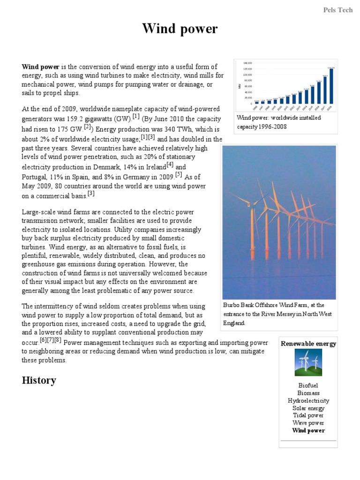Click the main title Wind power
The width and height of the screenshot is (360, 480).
pos(180,29)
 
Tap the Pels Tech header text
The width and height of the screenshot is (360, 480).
pos(338,10)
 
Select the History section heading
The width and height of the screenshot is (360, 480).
pos(39,380)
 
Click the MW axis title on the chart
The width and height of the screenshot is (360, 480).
pos(240,86)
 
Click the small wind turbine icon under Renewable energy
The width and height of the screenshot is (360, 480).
pos(308,363)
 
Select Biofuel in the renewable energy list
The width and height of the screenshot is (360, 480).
pos(308,385)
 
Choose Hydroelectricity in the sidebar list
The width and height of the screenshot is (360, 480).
pos(308,401)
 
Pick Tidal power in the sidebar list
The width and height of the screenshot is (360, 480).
pos(308,415)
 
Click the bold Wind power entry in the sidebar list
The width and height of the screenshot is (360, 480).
pos(308,430)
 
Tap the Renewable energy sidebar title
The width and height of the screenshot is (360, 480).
pos(308,344)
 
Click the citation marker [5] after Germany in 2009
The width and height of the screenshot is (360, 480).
pos(178,174)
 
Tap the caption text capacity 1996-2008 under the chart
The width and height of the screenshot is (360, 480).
pos(262,127)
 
